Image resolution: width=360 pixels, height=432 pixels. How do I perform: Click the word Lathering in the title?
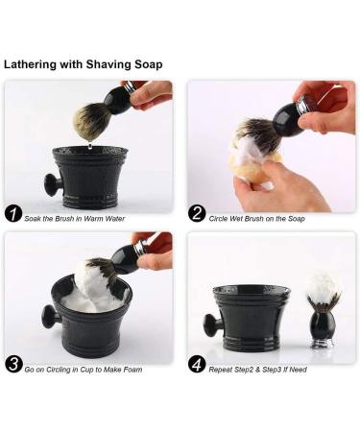pyautogui.click(x=34, y=64)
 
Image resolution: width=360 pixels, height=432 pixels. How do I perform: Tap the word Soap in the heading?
pyautogui.click(x=144, y=64)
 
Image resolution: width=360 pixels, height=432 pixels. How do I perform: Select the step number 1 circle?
pyautogui.click(x=13, y=214)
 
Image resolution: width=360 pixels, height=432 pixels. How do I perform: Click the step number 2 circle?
pyautogui.click(x=196, y=214)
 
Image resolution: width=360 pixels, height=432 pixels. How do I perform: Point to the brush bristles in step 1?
pyautogui.click(x=92, y=120)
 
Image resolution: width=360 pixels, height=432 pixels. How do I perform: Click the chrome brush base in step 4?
pyautogui.click(x=324, y=340)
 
